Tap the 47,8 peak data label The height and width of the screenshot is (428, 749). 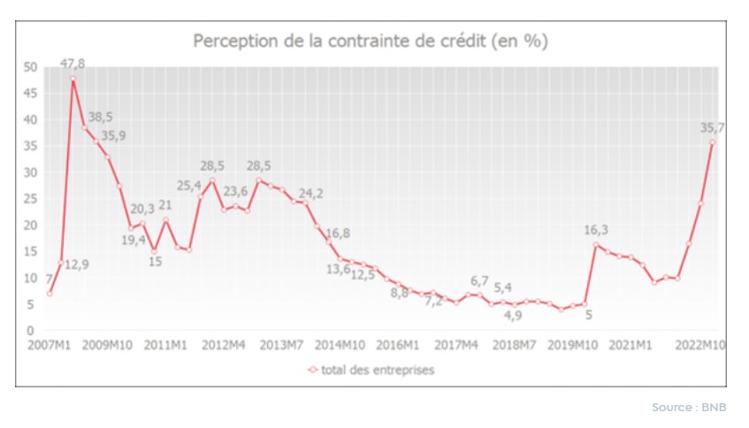tap(73, 63)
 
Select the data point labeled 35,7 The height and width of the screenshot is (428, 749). tap(713, 141)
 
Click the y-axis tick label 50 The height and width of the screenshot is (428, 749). tap(31, 67)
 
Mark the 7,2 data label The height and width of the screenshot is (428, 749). tap(433, 302)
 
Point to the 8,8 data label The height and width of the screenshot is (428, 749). tap(399, 292)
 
